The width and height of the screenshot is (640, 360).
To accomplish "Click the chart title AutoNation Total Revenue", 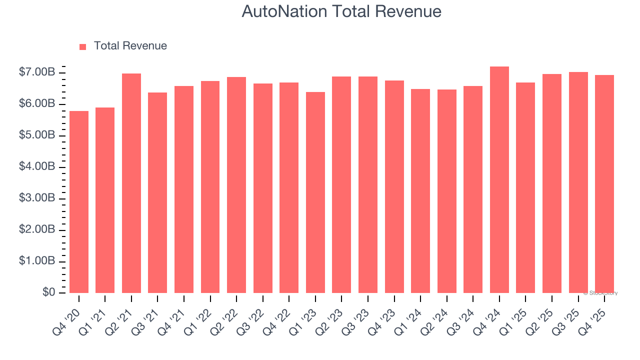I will (x=341, y=11).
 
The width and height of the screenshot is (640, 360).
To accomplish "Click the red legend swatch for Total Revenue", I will (x=83, y=46).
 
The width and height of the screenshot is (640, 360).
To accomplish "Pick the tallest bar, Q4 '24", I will (x=499, y=179).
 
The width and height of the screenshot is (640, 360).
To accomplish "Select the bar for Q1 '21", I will (x=105, y=200).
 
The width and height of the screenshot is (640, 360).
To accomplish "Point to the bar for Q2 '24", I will (x=446, y=191).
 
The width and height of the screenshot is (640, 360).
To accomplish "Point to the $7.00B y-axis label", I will (x=36, y=73).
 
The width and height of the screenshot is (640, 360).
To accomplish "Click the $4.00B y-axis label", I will (x=36, y=167).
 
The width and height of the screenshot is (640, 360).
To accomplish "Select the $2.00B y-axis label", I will (x=36, y=230).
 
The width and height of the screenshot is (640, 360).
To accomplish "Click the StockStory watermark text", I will (x=600, y=293).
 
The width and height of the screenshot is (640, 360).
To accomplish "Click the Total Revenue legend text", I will (x=130, y=46).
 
